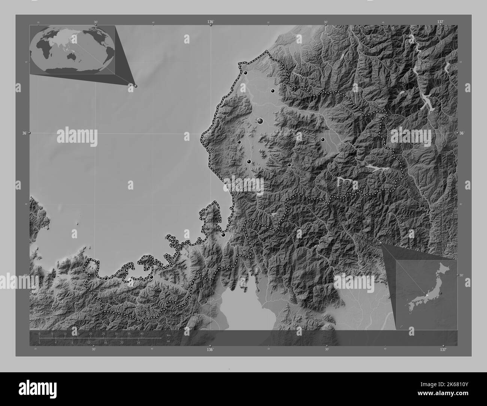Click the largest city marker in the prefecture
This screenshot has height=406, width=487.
coord(260,121)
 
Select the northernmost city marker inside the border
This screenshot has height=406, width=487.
coord(245,73)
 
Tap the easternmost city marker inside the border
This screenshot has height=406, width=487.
coord(323,140)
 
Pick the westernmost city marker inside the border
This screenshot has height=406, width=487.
coord(106,278)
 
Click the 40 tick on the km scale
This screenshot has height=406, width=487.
coord(142,333)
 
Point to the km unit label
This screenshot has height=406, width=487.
coord(169,335)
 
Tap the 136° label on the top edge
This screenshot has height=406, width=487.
coord(211,22)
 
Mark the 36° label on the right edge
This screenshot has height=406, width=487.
coord(462,133)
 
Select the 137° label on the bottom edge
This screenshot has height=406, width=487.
coord(443,349)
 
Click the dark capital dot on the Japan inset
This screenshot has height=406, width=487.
coord(441,293)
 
